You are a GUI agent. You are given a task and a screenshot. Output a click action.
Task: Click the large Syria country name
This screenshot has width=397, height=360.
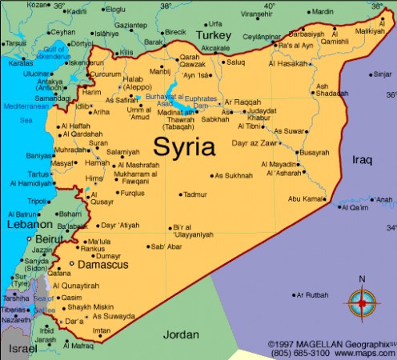pyautogui.click(x=185, y=147)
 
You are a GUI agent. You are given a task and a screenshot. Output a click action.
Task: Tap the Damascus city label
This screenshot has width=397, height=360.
pyautogui.click(x=102, y=263)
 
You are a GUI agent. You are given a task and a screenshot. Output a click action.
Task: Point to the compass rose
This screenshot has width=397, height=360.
pyautogui.click(x=362, y=302)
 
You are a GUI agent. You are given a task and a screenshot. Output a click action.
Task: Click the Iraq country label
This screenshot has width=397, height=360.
pyautogui.click(x=362, y=160)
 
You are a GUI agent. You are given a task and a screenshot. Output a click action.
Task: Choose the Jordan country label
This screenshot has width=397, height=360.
pyautogui.click(x=180, y=334)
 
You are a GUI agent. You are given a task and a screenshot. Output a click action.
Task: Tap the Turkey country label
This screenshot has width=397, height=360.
pyautogui.click(x=215, y=36)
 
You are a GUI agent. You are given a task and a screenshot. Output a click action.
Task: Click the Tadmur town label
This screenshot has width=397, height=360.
pyautogui.click(x=194, y=194)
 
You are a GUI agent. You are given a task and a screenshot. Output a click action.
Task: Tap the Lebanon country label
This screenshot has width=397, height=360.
pyautogui.click(x=30, y=226)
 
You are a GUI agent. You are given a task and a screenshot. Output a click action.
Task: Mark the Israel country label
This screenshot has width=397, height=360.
pyautogui.click(x=22, y=349)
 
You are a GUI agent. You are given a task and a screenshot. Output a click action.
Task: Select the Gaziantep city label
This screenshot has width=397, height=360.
pyautogui.click(x=130, y=25)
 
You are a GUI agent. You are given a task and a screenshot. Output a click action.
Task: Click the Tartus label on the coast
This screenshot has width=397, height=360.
pyautogui.click(x=38, y=174)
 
